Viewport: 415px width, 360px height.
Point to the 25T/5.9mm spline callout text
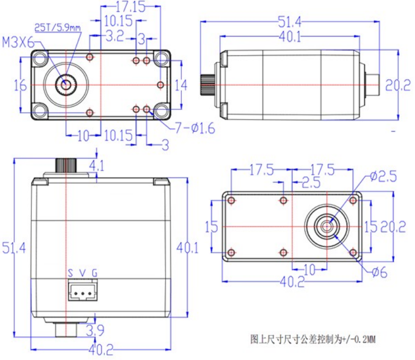pos(57,27)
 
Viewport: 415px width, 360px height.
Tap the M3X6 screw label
pos(18,42)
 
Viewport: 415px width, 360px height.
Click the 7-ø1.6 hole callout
pos(195,128)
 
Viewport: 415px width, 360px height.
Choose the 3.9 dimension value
pos(96,331)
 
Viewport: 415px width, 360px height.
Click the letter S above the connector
pos(71,273)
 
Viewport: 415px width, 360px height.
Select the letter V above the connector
pos(83,273)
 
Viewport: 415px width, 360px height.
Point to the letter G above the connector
pos(94,273)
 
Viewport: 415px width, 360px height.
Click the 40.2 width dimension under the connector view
pos(101,349)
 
